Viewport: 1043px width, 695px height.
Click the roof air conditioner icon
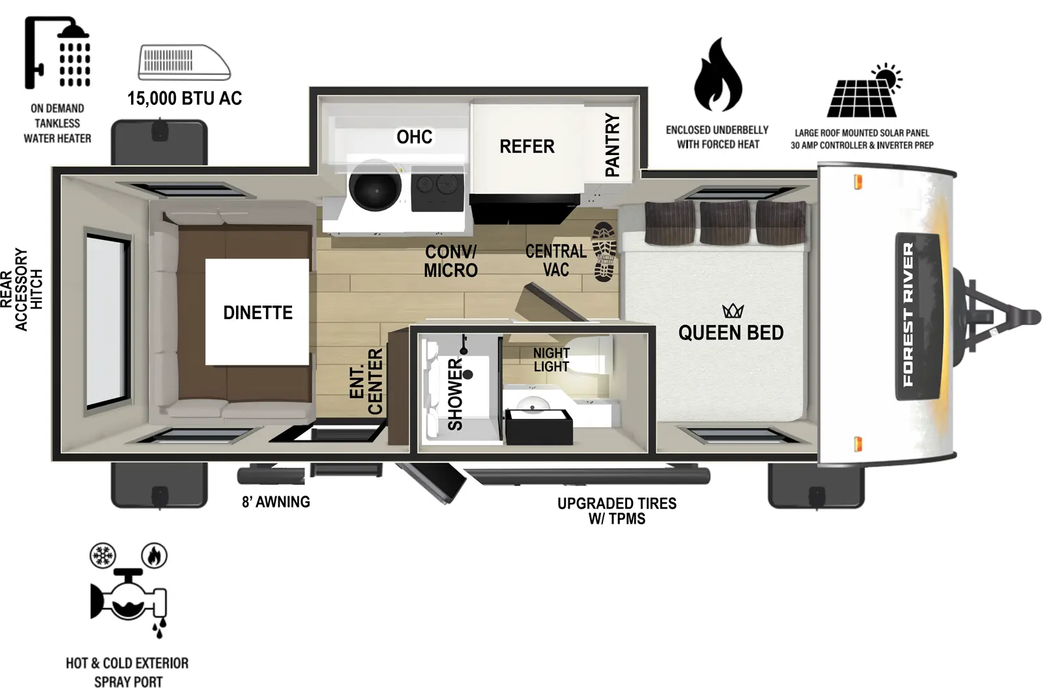tap(184, 63)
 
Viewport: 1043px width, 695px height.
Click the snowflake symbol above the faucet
tap(102, 556)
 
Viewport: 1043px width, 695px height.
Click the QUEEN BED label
tap(731, 333)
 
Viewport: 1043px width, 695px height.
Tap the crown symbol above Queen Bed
tap(733, 311)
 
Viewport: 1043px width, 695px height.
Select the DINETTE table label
tap(257, 313)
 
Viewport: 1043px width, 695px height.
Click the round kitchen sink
tap(375, 186)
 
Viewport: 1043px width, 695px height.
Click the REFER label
tap(527, 147)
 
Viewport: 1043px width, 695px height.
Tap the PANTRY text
tap(612, 145)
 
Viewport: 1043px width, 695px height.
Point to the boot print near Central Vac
tap(604, 252)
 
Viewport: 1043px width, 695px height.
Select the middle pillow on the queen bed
tap(725, 222)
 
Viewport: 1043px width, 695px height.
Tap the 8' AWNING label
tap(276, 502)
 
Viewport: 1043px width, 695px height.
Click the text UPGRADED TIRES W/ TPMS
tap(617, 511)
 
